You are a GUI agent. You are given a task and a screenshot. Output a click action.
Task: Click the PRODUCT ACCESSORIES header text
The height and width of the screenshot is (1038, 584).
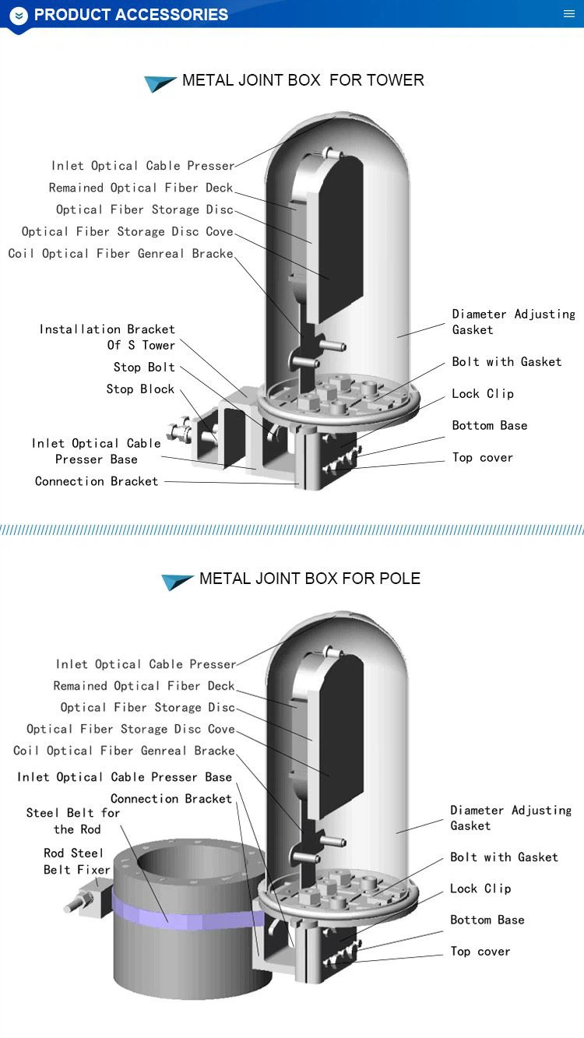point(131,15)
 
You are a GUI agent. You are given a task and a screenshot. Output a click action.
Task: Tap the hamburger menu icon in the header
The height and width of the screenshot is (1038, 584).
point(569,14)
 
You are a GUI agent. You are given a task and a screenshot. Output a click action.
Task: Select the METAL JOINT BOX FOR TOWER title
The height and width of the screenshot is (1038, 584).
point(303,80)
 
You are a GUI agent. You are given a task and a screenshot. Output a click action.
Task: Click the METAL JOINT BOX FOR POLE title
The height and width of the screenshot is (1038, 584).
point(309,579)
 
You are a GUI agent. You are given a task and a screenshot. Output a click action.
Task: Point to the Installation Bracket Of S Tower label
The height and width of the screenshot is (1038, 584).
point(107,337)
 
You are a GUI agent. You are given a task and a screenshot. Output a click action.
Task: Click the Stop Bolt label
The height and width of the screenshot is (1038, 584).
point(144,368)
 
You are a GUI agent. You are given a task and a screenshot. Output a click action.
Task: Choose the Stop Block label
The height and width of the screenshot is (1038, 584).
point(140,389)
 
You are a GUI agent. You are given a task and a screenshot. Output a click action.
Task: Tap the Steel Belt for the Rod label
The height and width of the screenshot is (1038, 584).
point(73,821)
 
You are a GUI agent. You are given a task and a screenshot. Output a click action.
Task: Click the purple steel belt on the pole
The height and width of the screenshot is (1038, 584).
point(187,913)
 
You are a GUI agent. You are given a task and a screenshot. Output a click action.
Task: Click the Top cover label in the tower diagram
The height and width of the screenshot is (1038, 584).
point(483,458)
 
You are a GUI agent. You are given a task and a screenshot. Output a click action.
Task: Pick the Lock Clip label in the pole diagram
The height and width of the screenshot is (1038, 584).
point(480,888)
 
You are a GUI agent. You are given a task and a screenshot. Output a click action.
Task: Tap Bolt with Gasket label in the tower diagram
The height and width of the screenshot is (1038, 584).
point(507,362)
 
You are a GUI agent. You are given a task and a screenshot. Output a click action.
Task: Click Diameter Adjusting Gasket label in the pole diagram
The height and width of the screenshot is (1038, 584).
point(510,818)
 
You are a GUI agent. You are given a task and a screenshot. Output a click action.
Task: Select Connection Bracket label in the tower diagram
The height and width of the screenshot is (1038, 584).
point(97,482)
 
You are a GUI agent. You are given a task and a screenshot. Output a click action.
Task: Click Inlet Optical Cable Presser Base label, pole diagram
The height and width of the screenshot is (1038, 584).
point(125,777)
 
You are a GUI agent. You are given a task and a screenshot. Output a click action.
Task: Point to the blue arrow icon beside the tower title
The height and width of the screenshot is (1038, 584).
point(160,83)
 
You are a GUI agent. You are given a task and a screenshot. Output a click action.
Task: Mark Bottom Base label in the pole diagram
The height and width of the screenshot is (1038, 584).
point(487,920)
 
